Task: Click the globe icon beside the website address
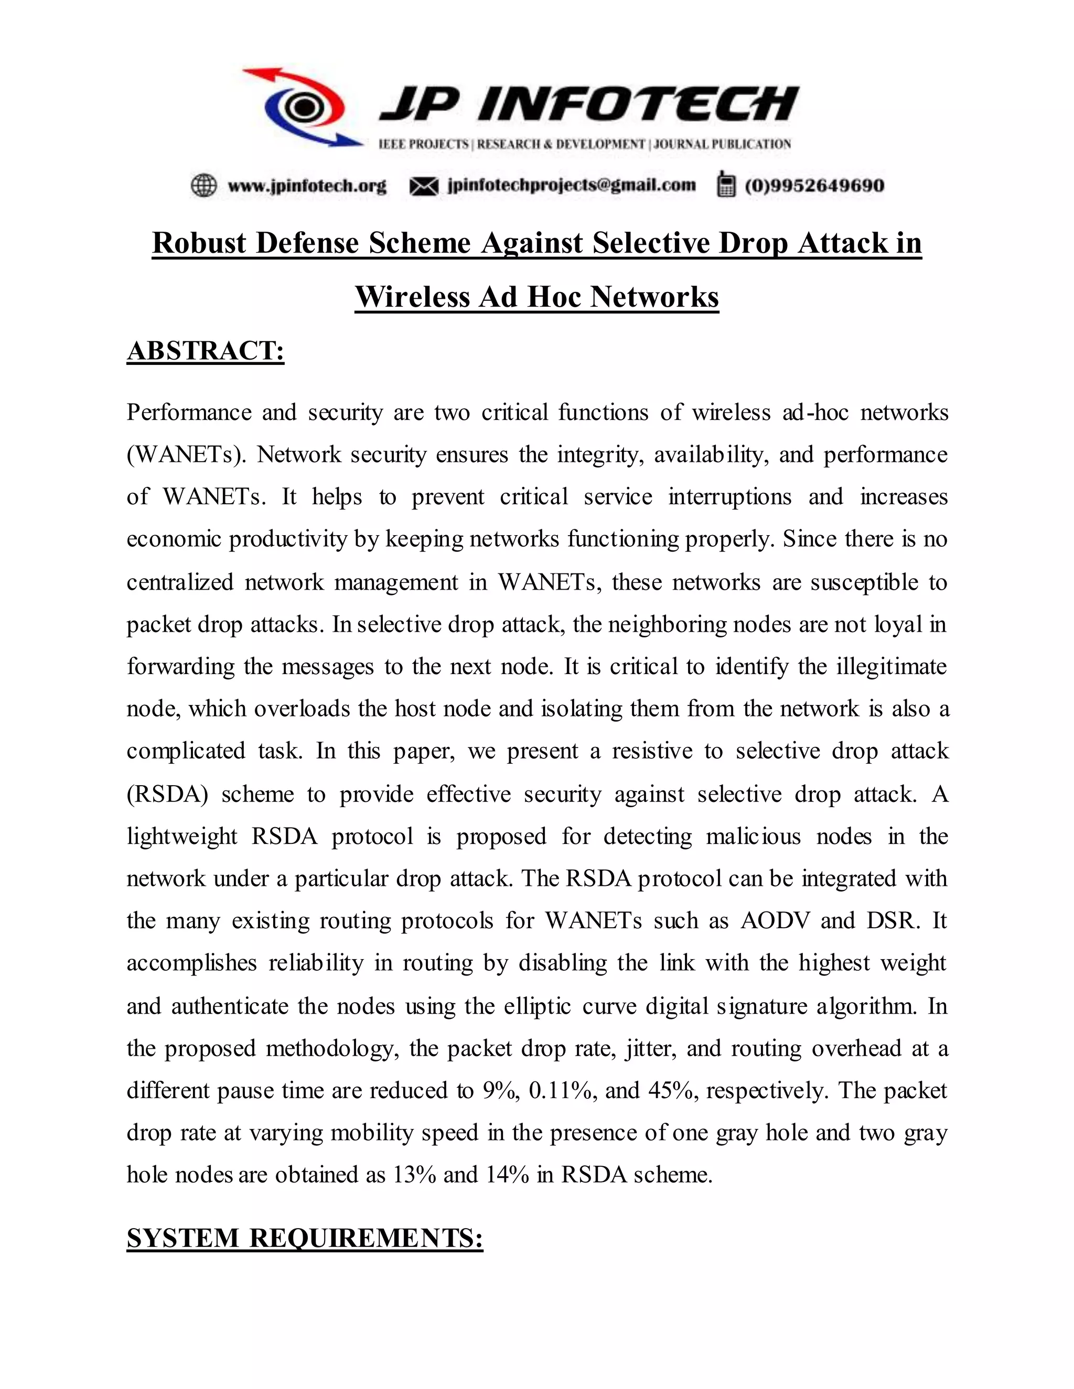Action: [203, 186]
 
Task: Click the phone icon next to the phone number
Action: [725, 185]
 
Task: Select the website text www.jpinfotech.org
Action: [307, 186]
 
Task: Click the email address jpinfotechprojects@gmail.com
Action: [572, 185]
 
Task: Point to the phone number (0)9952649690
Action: [814, 186]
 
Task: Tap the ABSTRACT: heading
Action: [206, 351]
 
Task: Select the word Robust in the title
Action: [199, 243]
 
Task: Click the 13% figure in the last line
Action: [414, 1174]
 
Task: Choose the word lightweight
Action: [182, 837]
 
